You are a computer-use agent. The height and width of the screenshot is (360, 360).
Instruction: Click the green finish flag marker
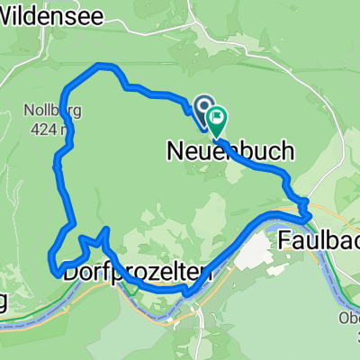click(x=217, y=118)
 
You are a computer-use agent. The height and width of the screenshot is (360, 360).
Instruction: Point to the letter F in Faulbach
click(x=283, y=240)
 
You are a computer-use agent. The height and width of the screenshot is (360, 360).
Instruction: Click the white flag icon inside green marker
click(x=217, y=117)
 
